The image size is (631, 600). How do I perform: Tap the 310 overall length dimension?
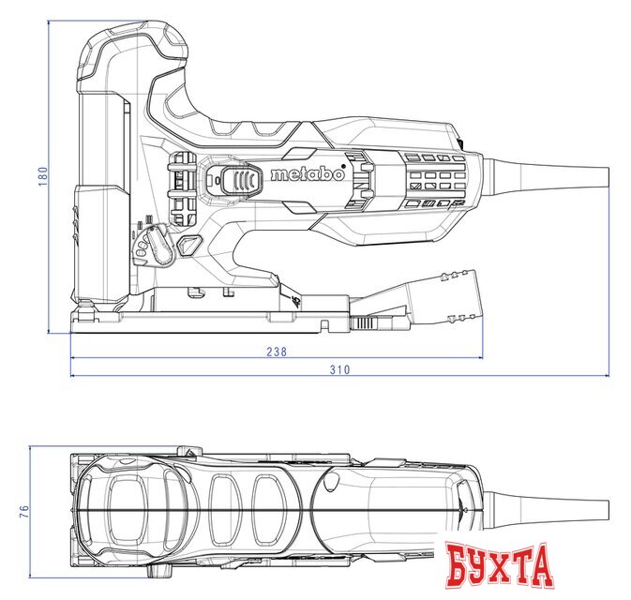pos(339,369)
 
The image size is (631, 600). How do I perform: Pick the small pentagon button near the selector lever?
pos(190,246)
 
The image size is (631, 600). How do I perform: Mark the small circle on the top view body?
pos(332,483)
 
